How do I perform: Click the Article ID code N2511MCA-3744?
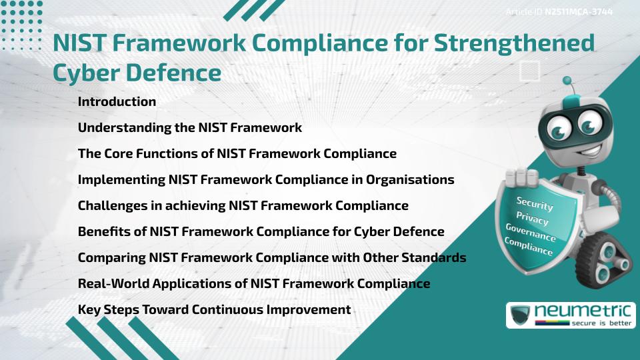[579, 11]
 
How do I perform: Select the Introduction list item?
[117, 102]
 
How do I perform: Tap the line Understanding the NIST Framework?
[190, 127]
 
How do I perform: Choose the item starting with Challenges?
[243, 205]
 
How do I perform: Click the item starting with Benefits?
[261, 231]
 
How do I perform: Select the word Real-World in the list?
[113, 283]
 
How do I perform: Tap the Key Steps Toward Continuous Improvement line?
[214, 309]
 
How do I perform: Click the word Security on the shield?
[535, 203]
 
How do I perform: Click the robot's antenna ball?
[567, 81]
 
